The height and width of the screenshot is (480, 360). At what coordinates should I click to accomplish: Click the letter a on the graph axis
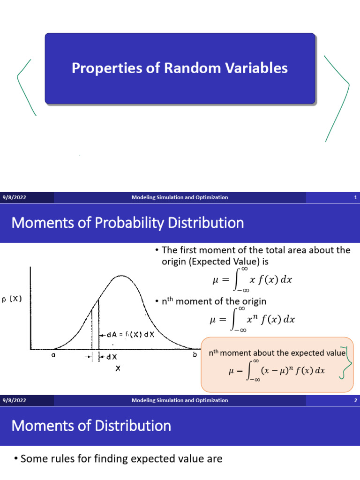[x=53, y=355]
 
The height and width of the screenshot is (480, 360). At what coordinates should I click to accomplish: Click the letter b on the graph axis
[x=194, y=355]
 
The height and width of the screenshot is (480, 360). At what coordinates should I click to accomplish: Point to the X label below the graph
[x=118, y=369]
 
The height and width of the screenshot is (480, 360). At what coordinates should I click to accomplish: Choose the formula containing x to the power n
[x=252, y=320]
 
